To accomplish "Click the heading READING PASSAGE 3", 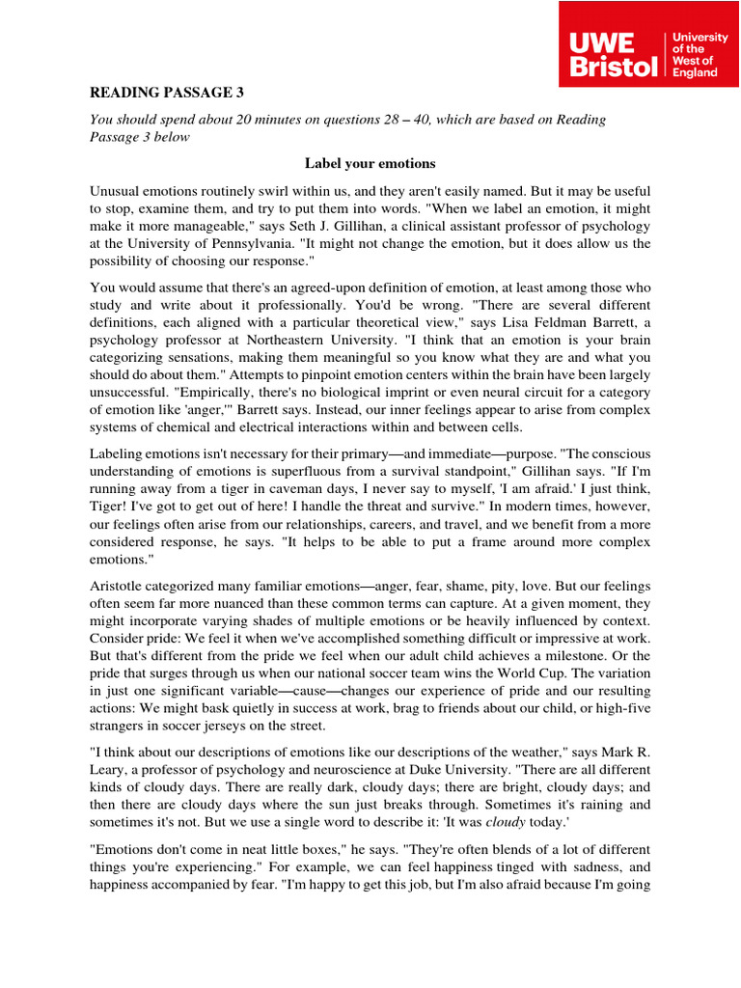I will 167,93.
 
